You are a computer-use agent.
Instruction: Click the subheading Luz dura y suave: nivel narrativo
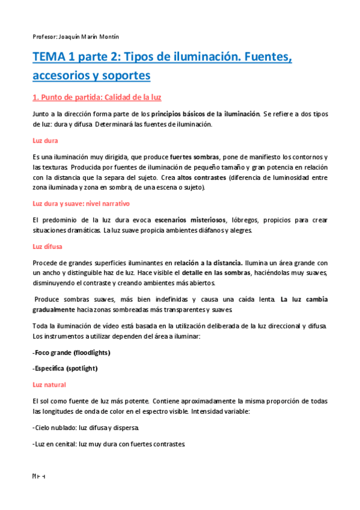[x=85, y=203]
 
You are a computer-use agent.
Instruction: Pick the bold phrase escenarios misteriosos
[x=189, y=220]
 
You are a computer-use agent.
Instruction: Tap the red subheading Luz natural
[x=49, y=384]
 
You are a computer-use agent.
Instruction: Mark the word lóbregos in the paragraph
[x=243, y=220]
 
